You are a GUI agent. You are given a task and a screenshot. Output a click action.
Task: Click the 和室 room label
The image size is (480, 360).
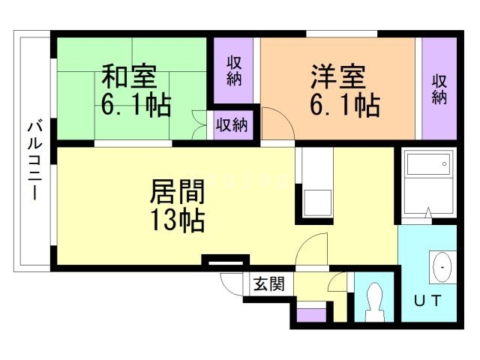tap(128, 77)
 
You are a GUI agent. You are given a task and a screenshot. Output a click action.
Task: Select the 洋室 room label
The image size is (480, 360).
tap(338, 77)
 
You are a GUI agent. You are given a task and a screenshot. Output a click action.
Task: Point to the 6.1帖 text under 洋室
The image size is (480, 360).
tap(343, 105)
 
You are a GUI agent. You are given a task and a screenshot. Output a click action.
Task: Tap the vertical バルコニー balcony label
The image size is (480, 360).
tap(34, 159)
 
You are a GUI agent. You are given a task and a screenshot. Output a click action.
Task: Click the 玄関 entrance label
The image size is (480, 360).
tap(268, 284)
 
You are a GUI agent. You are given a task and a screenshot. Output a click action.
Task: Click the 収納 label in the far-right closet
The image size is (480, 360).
tap(439, 88)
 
